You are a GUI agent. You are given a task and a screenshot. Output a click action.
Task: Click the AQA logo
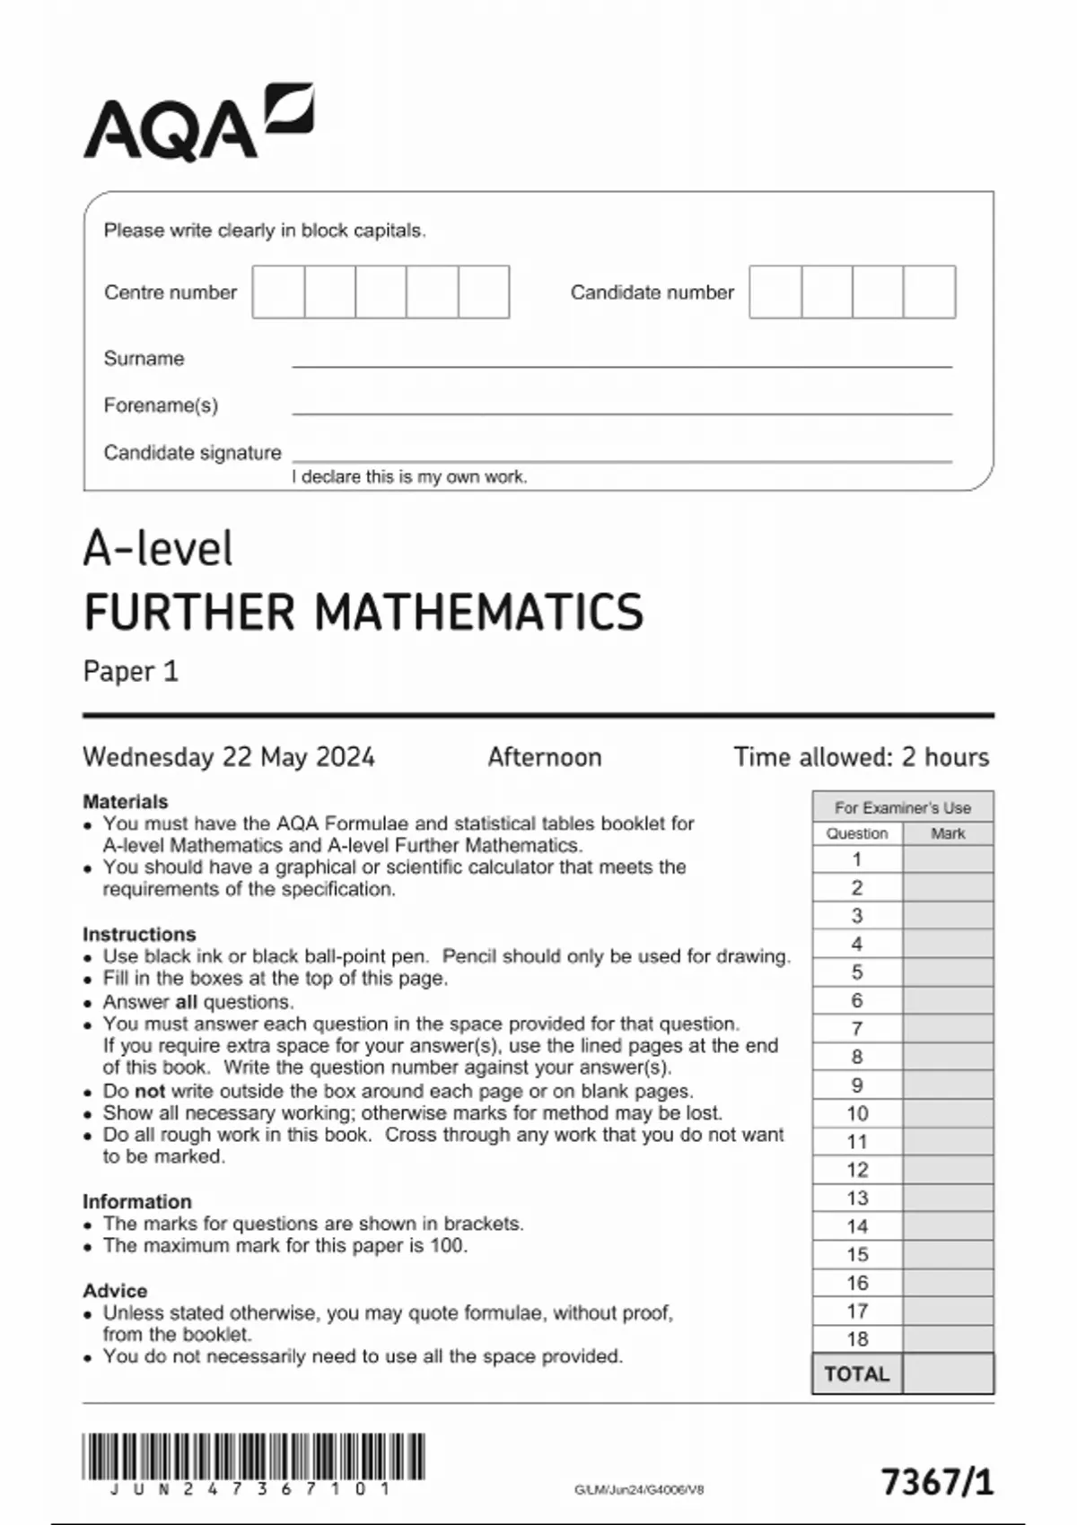pos(198,124)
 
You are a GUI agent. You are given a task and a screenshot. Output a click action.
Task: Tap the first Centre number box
pos(278,292)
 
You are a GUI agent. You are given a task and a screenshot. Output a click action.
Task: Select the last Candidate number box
pos(930,292)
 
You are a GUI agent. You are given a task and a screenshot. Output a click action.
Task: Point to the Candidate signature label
pos(192,452)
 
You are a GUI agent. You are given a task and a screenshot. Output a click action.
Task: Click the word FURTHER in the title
pos(189,612)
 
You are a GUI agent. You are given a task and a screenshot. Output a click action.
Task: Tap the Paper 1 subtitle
pos(131,671)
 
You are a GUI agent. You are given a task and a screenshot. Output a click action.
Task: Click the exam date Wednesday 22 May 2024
pos(229,757)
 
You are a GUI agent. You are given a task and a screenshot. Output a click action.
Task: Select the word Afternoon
pos(545,757)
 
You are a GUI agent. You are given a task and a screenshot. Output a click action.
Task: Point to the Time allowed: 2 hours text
pos(861,757)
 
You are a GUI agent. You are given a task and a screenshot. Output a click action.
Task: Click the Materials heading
pos(126,801)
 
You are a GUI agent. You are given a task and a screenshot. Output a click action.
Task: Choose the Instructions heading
pos(139,934)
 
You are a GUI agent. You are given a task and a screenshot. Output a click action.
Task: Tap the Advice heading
pos(115,1290)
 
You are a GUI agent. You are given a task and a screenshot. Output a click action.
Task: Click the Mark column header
pos(948,833)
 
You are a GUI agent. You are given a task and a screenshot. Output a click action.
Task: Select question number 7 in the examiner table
pos(857,1029)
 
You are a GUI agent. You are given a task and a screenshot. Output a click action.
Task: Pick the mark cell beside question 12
pos(948,1170)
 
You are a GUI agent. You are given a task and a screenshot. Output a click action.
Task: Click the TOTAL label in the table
pos(857,1374)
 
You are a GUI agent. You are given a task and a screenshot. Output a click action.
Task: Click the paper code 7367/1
pos(938,1481)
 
